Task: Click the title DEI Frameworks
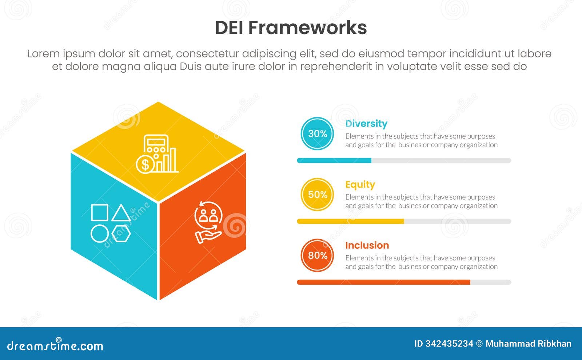291,28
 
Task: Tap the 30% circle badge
317,133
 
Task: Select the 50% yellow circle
317,194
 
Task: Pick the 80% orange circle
317,255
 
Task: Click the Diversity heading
366,124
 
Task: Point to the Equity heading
360,184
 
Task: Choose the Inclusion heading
367,245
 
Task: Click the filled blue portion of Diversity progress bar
334,160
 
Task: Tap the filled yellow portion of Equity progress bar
351,221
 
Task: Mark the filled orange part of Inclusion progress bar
383,282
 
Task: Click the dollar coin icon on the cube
145,164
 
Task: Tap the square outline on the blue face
100,212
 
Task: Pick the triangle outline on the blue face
121,213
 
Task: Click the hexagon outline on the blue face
121,233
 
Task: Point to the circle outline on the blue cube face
100,233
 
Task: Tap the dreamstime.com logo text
55,345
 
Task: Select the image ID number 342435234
449,344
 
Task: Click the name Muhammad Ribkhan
529,344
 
